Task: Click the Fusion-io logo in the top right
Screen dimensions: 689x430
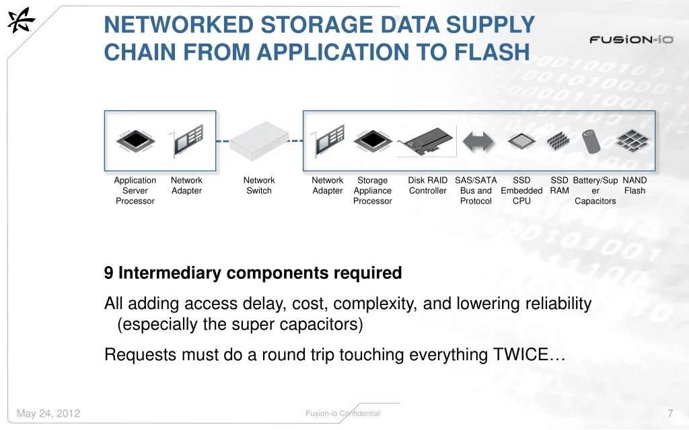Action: (x=631, y=40)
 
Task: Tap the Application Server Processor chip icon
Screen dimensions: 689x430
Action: (x=136, y=141)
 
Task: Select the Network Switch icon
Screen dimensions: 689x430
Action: (x=259, y=141)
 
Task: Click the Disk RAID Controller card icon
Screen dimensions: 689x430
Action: (x=426, y=141)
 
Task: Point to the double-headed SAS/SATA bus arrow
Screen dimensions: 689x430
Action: (x=478, y=142)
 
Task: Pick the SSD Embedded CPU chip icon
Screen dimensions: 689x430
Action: (x=521, y=141)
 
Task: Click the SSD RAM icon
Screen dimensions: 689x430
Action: (x=558, y=141)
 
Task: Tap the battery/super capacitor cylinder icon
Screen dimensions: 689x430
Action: (x=591, y=141)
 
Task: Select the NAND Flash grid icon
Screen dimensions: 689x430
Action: (x=632, y=141)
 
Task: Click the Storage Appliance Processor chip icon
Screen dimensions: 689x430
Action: (x=373, y=141)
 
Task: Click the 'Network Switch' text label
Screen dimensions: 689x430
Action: (x=259, y=185)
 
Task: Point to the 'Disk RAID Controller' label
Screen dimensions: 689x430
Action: (x=427, y=185)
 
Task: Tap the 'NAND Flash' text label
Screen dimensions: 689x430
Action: (x=634, y=185)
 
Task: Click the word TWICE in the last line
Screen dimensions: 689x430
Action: (x=521, y=355)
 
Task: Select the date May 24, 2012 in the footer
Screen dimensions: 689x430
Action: (x=48, y=413)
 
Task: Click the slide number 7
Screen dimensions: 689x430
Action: (x=670, y=413)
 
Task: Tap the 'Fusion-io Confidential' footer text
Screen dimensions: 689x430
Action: (x=342, y=413)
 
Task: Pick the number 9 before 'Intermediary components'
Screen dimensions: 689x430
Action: (x=108, y=273)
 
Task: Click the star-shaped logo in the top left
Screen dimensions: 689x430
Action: (x=21, y=19)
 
